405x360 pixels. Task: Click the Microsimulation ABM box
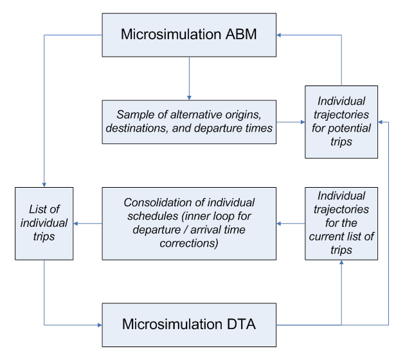188,35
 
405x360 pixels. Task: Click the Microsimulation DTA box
188,325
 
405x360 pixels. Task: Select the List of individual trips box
44,223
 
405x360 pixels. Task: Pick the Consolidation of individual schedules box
188,223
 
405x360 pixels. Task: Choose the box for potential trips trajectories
341,122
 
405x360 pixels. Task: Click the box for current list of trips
341,223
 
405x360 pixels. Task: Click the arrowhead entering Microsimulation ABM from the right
279,35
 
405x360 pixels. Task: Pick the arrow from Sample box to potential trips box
291,121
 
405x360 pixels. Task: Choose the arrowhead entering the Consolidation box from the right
280,224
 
